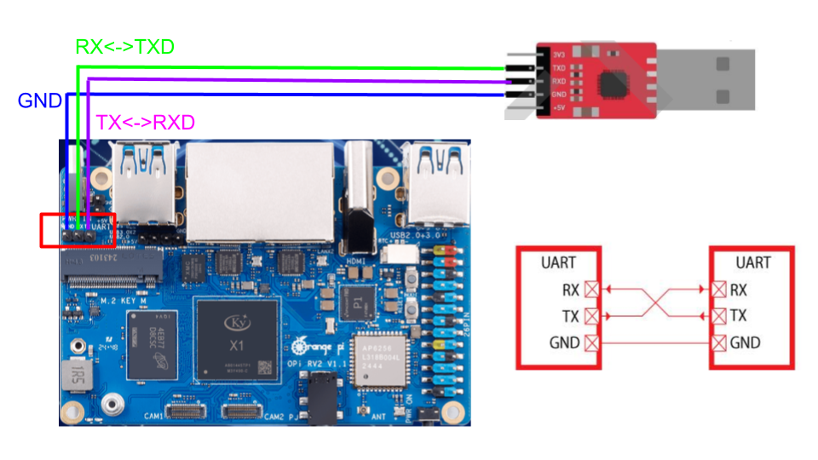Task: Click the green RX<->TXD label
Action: coord(125,47)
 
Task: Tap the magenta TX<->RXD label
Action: coord(146,122)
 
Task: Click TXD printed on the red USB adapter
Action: coord(558,67)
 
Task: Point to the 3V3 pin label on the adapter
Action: coord(558,54)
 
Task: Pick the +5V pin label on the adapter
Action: coord(558,108)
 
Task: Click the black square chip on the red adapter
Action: coord(614,82)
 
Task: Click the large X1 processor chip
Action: coord(237,337)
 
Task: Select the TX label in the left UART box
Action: coord(571,316)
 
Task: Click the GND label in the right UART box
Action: coord(745,343)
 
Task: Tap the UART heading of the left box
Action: coord(558,262)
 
